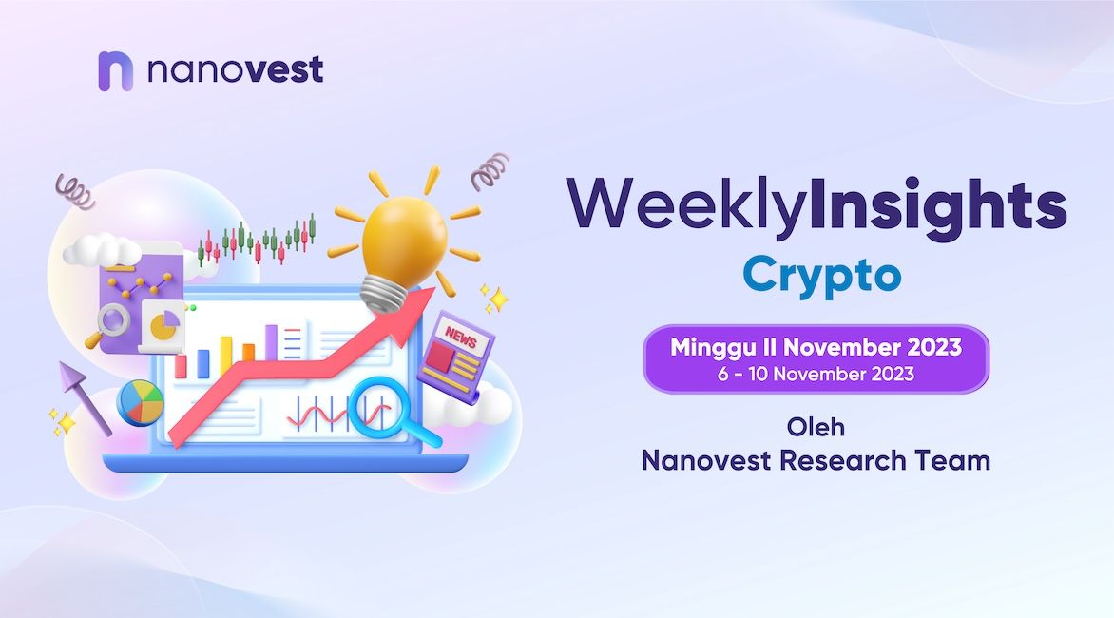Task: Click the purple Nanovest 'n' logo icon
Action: (115, 71)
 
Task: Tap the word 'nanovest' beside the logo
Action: (235, 69)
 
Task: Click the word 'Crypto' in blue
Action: (822, 276)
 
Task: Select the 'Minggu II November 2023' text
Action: (816, 347)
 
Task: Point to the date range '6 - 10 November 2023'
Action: (816, 374)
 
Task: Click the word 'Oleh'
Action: (816, 427)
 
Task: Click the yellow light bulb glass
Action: (404, 238)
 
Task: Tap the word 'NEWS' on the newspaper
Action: (461, 337)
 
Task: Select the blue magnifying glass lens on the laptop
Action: (375, 408)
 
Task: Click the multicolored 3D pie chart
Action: (140, 403)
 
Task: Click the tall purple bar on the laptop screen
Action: (271, 342)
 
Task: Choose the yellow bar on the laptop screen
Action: (226, 356)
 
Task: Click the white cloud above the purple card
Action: (102, 251)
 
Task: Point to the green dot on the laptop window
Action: (193, 308)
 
